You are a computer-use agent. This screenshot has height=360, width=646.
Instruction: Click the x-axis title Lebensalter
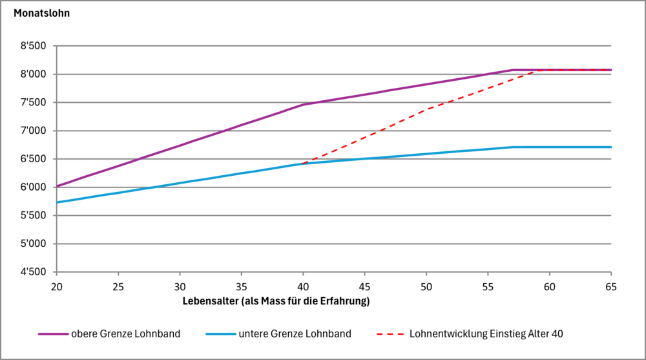pyautogui.click(x=276, y=301)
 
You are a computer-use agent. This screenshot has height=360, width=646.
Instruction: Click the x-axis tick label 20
pyautogui.click(x=57, y=286)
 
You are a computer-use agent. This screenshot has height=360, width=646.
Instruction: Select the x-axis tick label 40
pyautogui.click(x=303, y=286)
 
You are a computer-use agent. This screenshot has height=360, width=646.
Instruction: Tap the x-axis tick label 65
pyautogui.click(x=610, y=286)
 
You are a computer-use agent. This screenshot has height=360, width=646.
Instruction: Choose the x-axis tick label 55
pyautogui.click(x=488, y=286)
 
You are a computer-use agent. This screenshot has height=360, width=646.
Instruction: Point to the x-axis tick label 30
pyautogui.click(x=180, y=286)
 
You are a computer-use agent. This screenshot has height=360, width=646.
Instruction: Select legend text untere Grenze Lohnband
pyautogui.click(x=295, y=334)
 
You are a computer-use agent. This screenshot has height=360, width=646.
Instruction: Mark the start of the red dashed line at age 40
pyautogui.click(x=303, y=163)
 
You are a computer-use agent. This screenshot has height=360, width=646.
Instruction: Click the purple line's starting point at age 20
pyautogui.click(x=57, y=186)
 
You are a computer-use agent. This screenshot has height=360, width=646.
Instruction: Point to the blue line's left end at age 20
pyautogui.click(x=57, y=202)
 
